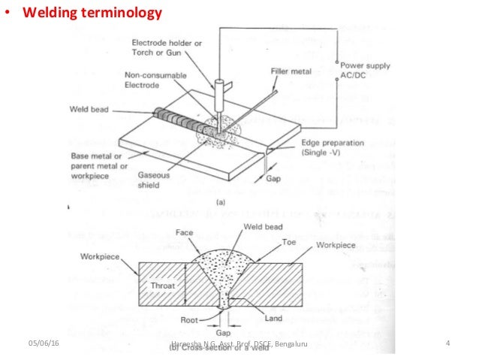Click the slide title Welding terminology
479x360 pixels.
click(x=92, y=13)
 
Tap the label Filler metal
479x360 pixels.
click(x=291, y=71)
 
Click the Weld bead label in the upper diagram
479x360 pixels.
click(x=91, y=110)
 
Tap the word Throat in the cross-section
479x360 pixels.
click(x=163, y=286)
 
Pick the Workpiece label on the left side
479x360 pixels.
click(x=102, y=256)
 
